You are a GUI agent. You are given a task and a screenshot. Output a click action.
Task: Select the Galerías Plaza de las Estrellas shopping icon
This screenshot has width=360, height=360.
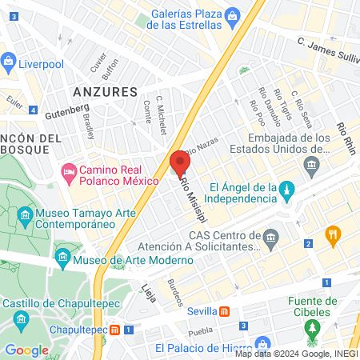click(x=232, y=15)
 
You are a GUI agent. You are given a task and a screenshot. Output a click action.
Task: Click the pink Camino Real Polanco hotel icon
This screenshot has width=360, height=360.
click(x=69, y=170)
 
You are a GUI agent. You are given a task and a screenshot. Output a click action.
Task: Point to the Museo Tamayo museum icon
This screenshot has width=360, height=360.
click(x=25, y=216)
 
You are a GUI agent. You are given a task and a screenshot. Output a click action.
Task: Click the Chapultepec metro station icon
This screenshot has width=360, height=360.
click(x=116, y=330)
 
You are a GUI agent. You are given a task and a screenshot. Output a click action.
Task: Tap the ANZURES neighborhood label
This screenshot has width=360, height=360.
click(x=106, y=92)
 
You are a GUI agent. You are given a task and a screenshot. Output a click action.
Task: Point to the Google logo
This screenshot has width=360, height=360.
click(x=26, y=350)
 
